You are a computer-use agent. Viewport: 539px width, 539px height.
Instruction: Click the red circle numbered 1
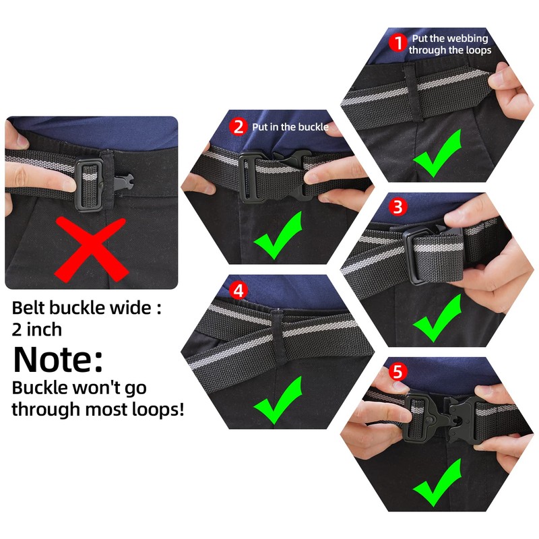coord(398,44)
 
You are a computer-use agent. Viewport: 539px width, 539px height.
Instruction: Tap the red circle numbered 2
coord(237,126)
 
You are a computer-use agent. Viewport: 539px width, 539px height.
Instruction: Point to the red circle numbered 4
coord(237,291)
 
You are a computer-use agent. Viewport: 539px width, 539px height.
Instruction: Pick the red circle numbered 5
coord(398,372)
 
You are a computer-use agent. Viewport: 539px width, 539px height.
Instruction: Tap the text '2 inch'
coord(37,329)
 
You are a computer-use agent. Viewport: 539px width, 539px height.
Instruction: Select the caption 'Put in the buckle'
coord(290,127)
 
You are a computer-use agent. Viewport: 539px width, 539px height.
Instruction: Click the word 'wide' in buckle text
coord(131,309)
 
